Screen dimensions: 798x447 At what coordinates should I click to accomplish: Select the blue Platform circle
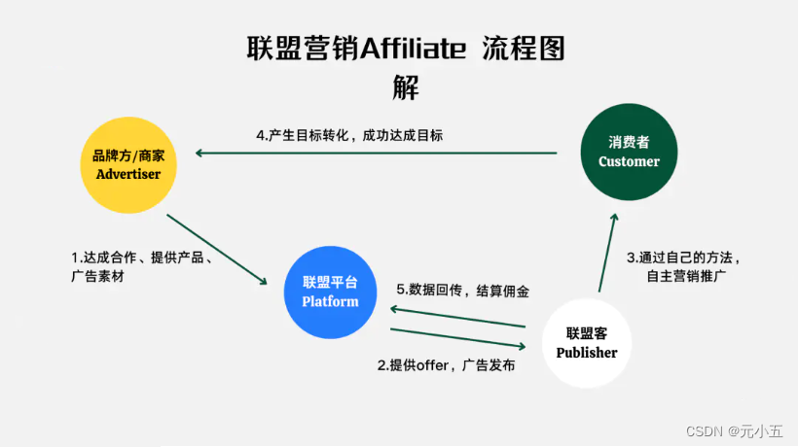click(330, 292)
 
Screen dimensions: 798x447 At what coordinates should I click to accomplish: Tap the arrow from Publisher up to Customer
click(607, 253)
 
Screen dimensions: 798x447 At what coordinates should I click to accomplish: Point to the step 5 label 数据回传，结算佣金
click(462, 290)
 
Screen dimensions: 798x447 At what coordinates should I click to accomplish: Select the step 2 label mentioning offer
click(447, 366)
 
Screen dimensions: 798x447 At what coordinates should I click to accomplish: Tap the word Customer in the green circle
click(629, 161)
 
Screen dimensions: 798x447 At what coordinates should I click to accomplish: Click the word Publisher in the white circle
click(587, 353)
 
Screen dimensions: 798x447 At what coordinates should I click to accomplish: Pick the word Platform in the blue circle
click(330, 301)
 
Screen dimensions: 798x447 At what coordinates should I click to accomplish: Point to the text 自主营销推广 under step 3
click(687, 276)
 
